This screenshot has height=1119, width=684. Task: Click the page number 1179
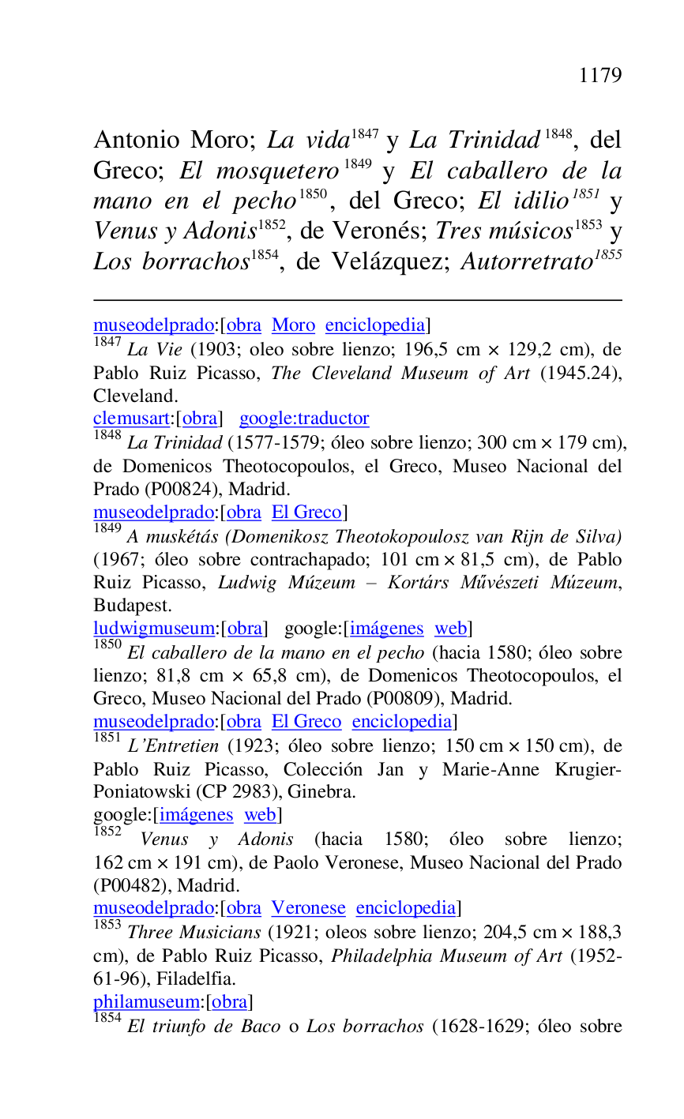tap(599, 76)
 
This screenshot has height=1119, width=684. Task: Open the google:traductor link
tap(304, 419)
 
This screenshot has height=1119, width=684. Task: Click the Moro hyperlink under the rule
tap(293, 325)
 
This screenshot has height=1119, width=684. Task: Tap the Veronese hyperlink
tap(309, 908)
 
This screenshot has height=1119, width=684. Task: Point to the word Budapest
tap(127, 606)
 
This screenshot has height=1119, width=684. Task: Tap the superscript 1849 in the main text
tap(358, 165)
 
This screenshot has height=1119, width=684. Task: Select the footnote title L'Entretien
tap(174, 746)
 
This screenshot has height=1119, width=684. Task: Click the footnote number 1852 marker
tap(107, 832)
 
